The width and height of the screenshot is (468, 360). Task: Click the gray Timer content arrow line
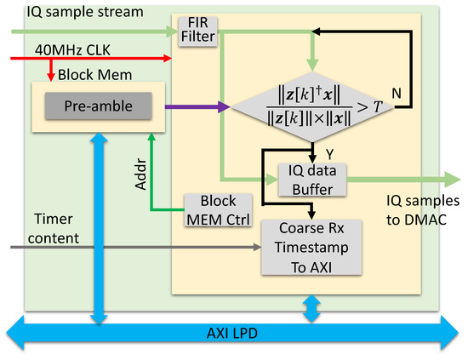tap(128, 249)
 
